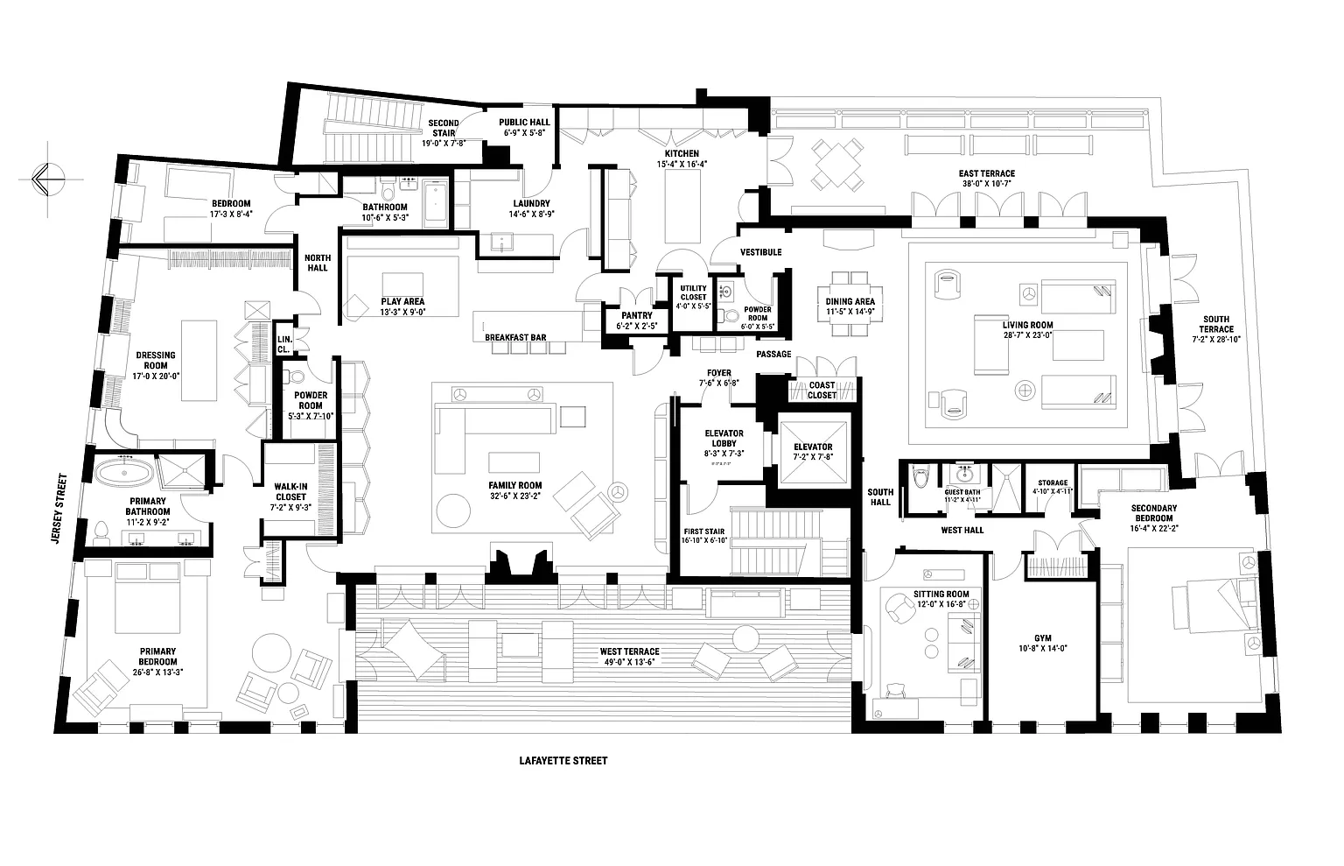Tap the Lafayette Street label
point(563,761)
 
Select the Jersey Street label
point(60,508)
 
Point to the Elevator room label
point(814,447)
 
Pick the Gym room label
point(1042,638)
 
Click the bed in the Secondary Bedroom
point(1207,600)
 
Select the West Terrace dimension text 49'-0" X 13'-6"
point(629,662)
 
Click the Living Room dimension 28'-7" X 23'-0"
point(1027,334)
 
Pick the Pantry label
point(636,316)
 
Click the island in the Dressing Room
point(199,360)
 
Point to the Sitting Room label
point(934,595)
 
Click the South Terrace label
point(1215,324)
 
